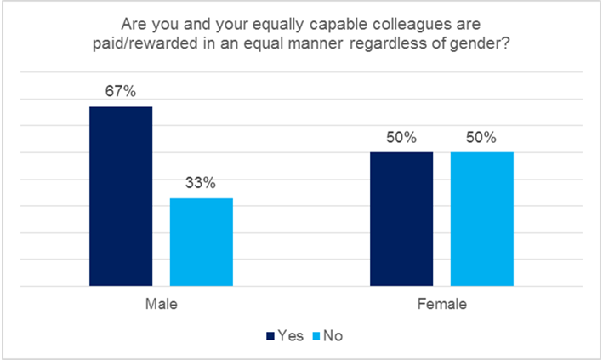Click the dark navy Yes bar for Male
[121, 196]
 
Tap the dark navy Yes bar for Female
[401, 219]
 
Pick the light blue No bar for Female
[481, 219]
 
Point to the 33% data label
[202, 183]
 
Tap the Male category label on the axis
[161, 304]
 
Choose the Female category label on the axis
[441, 304]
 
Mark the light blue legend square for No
[316, 336]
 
